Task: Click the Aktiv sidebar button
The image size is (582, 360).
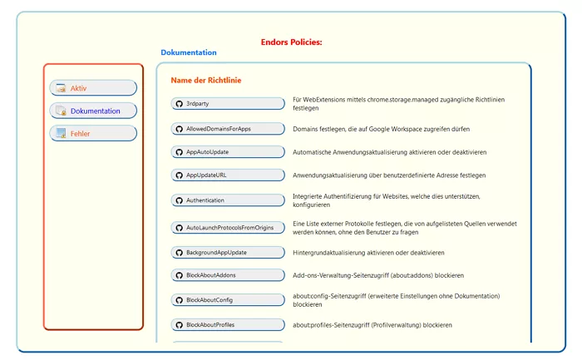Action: (93, 88)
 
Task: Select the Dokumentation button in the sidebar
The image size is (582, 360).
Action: (93, 111)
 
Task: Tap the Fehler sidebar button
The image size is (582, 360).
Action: (93, 133)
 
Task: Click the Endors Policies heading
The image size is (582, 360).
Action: (291, 42)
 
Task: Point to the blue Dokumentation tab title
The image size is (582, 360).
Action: (189, 52)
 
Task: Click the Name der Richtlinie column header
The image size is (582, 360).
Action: (206, 81)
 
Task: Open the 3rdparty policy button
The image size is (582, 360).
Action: (228, 104)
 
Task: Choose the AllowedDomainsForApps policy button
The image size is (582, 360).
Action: (228, 129)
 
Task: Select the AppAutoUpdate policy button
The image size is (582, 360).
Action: (228, 152)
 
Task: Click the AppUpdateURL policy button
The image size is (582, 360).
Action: (228, 175)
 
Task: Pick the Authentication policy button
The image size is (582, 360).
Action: (228, 200)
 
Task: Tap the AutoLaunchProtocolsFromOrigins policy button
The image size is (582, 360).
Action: (228, 227)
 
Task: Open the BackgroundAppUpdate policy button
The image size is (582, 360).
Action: (228, 252)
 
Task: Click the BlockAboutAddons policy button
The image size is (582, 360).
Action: (228, 275)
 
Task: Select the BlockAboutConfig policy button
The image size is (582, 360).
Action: (228, 299)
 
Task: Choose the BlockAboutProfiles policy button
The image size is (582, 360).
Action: (228, 324)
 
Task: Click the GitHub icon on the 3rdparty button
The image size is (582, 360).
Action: (179, 104)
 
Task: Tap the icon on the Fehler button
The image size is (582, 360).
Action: (61, 133)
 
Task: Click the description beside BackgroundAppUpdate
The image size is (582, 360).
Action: (368, 252)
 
